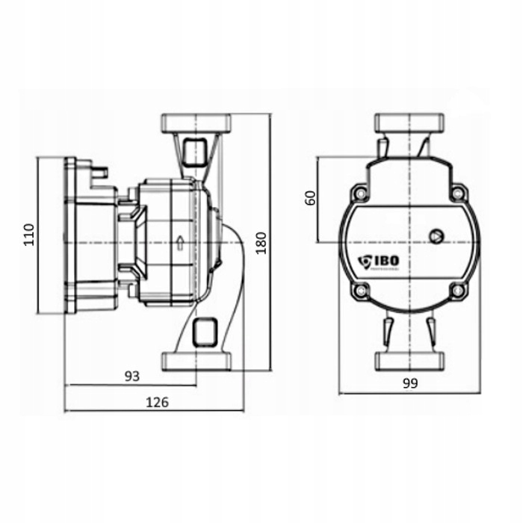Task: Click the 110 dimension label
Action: click(29, 236)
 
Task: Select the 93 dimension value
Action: click(131, 376)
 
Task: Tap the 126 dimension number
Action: click(156, 401)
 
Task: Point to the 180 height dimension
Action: click(261, 241)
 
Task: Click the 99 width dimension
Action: click(409, 383)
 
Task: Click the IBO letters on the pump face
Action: click(388, 261)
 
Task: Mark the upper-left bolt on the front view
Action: click(362, 194)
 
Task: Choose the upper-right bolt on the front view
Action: click(456, 194)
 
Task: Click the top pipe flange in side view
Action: click(196, 122)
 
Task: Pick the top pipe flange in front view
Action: click(409, 123)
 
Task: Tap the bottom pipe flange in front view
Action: click(409, 360)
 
